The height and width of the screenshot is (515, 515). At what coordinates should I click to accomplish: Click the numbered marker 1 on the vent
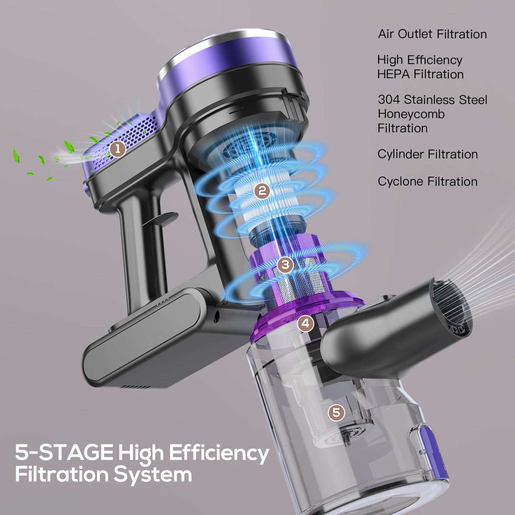[x=118, y=149]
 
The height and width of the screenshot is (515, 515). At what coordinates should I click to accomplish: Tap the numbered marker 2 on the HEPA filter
[x=262, y=191]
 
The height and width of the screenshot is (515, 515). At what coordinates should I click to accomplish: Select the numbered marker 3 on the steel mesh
[x=285, y=264]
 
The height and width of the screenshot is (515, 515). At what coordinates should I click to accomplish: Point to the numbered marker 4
[x=305, y=323]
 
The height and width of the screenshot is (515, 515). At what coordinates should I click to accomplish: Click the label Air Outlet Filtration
[x=432, y=34]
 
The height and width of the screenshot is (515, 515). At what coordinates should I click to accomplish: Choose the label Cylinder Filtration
[x=428, y=154]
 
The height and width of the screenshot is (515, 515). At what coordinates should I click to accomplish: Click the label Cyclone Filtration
[x=428, y=181]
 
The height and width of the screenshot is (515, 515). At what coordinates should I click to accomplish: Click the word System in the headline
[x=153, y=474]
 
